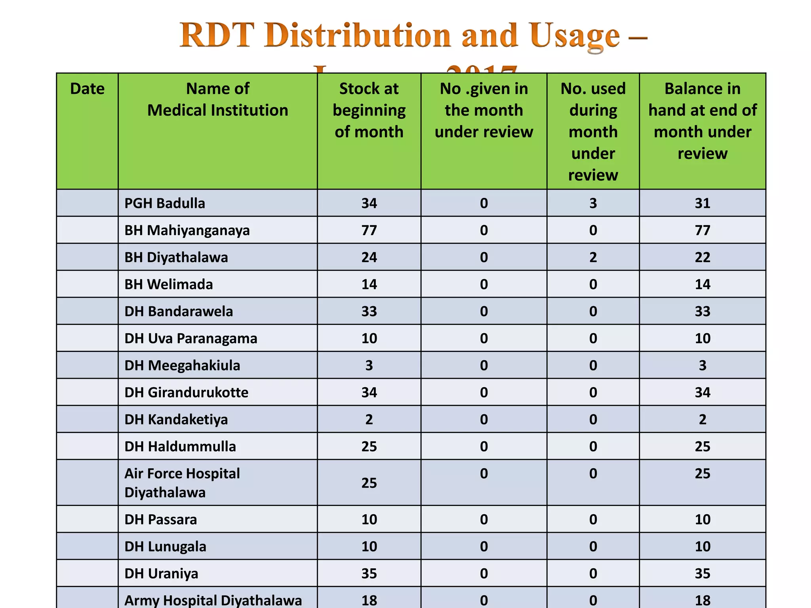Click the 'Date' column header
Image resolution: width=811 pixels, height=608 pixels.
tap(87, 89)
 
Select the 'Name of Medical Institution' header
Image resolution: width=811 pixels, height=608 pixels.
tap(218, 99)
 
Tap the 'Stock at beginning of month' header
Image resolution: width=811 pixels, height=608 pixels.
tap(369, 110)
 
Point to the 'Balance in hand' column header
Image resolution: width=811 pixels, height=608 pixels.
tap(702, 121)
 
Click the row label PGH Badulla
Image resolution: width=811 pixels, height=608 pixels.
tap(165, 203)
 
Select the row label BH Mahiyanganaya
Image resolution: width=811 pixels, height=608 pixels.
tap(187, 230)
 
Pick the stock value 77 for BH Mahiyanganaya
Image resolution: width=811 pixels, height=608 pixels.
tap(369, 230)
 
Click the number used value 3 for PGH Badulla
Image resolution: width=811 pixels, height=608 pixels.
tap(593, 203)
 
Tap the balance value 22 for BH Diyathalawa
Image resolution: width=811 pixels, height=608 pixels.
tap(702, 257)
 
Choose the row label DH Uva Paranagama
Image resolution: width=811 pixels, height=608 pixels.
tap(191, 338)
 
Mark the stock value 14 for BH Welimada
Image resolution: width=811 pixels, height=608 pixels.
tap(369, 284)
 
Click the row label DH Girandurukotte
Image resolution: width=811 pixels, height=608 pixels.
tap(187, 392)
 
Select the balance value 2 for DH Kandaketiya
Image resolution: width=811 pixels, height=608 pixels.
tap(702, 419)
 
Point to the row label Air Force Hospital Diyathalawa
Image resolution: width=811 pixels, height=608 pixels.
tap(182, 483)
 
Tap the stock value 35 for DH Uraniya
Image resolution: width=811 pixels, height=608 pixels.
tap(369, 574)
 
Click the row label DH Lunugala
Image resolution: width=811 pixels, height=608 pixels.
tap(165, 547)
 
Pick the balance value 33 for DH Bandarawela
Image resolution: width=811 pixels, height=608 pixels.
tap(702, 311)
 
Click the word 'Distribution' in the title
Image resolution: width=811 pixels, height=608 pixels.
tap(357, 35)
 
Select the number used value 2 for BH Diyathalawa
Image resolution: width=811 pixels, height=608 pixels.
tap(593, 257)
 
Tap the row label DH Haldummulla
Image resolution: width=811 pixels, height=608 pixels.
tap(180, 446)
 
